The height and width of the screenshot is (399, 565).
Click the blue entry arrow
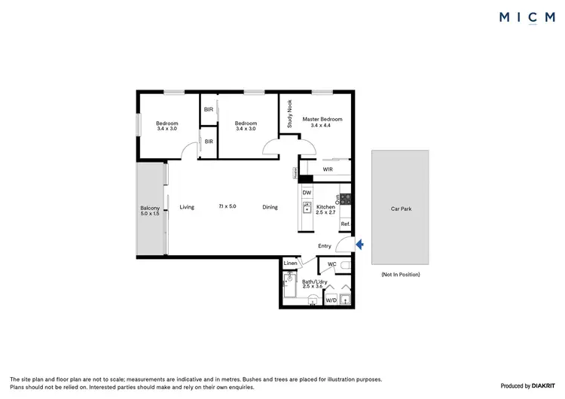click(359, 244)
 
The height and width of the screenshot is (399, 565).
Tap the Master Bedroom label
click(322, 119)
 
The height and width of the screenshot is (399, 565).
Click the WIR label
click(328, 169)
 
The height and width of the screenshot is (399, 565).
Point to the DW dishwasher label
click(307, 193)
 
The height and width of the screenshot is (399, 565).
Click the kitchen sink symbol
click(307, 208)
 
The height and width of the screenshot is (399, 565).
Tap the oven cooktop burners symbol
click(346, 200)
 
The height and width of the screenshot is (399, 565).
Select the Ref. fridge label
click(345, 224)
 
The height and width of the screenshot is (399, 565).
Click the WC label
click(331, 264)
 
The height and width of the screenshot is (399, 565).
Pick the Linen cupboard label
click(291, 263)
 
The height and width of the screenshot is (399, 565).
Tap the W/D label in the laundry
click(331, 300)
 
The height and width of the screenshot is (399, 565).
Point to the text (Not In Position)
click(400, 274)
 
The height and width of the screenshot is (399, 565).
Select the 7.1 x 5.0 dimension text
click(228, 206)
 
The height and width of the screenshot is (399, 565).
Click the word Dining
click(270, 207)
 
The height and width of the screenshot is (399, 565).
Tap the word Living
click(187, 207)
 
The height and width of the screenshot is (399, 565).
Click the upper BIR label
click(209, 110)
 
